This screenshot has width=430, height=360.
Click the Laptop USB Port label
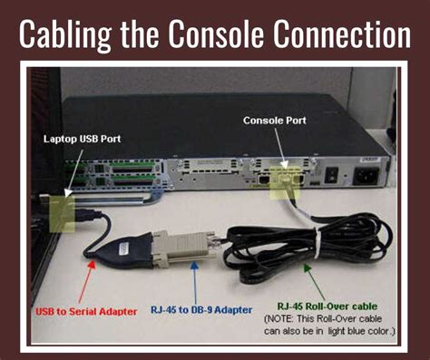(x=83, y=139)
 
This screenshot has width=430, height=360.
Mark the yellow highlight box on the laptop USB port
(x=63, y=210)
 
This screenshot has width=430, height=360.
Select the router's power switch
(x=332, y=174)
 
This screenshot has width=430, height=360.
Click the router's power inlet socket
(x=369, y=175)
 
